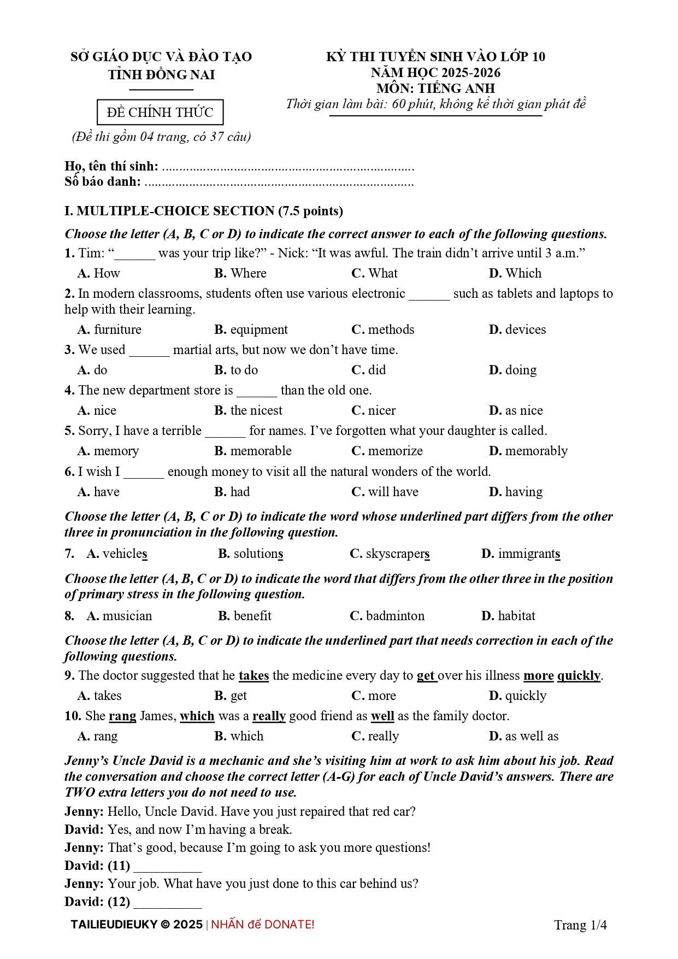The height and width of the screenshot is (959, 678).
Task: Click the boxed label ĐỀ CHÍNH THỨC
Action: [160, 113]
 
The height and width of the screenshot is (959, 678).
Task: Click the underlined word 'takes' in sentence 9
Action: [253, 676]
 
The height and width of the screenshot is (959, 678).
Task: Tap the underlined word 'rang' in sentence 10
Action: [122, 716]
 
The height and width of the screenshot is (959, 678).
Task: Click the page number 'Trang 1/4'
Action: [580, 925]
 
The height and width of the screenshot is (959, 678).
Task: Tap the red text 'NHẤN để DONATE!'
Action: [263, 925]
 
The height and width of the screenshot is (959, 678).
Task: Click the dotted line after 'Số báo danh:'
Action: [279, 183]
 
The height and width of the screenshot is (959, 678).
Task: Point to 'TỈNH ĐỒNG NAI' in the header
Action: [161, 75]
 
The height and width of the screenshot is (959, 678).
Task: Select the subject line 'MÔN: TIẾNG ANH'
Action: [435, 88]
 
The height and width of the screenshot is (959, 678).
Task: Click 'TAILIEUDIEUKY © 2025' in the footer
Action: [137, 925]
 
